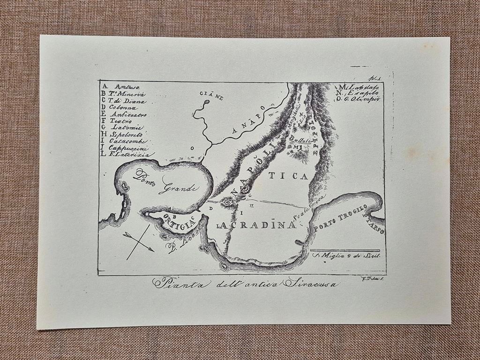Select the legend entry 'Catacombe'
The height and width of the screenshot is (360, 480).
(x=127, y=141)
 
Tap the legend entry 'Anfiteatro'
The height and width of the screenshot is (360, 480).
(x=128, y=114)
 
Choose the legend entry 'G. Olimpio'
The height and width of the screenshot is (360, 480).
(x=363, y=99)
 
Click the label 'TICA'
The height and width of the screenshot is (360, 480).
(x=294, y=176)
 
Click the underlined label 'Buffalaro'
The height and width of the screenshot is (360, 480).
(x=298, y=140)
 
